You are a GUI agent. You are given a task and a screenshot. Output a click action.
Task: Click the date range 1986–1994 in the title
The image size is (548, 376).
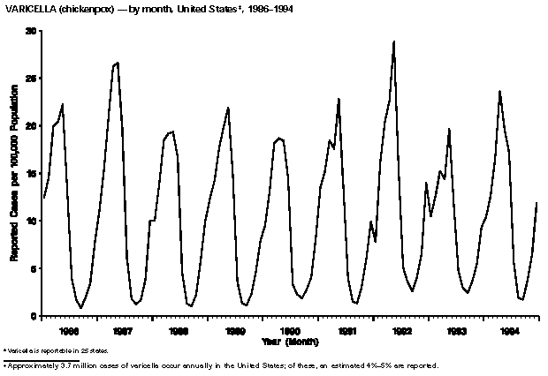click(269, 8)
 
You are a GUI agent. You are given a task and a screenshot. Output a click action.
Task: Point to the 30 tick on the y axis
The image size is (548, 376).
click(32, 31)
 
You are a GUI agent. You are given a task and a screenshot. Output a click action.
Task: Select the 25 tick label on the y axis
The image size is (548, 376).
click(32, 79)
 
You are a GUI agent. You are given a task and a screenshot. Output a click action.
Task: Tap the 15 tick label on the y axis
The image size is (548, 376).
click(32, 174)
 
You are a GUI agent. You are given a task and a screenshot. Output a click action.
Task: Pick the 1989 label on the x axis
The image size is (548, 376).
click(236, 332)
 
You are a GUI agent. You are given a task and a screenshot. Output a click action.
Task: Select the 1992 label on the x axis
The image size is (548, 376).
click(403, 332)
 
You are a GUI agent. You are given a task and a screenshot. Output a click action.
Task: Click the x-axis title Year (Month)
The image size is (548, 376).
click(289, 342)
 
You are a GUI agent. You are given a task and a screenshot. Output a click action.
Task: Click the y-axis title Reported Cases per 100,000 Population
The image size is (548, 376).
click(15, 173)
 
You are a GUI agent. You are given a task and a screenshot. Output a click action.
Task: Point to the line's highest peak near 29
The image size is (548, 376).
click(393, 41)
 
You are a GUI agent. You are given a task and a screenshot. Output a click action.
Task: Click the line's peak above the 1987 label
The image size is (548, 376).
click(118, 64)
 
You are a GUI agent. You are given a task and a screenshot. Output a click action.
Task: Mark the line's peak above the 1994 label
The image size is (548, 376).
click(499, 91)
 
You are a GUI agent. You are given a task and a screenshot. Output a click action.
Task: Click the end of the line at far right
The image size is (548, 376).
click(537, 203)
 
